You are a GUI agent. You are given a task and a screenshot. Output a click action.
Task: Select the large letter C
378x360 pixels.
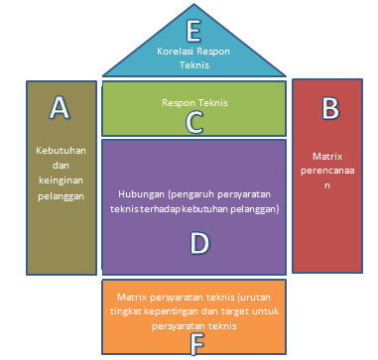pyautogui.click(x=195, y=122)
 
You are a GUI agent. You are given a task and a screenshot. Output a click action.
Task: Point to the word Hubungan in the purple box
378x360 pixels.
pyautogui.click(x=143, y=195)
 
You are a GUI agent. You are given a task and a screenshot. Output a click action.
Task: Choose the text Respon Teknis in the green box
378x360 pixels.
pyautogui.click(x=195, y=101)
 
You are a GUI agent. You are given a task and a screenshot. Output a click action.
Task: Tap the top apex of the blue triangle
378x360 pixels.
pyautogui.click(x=195, y=3)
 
